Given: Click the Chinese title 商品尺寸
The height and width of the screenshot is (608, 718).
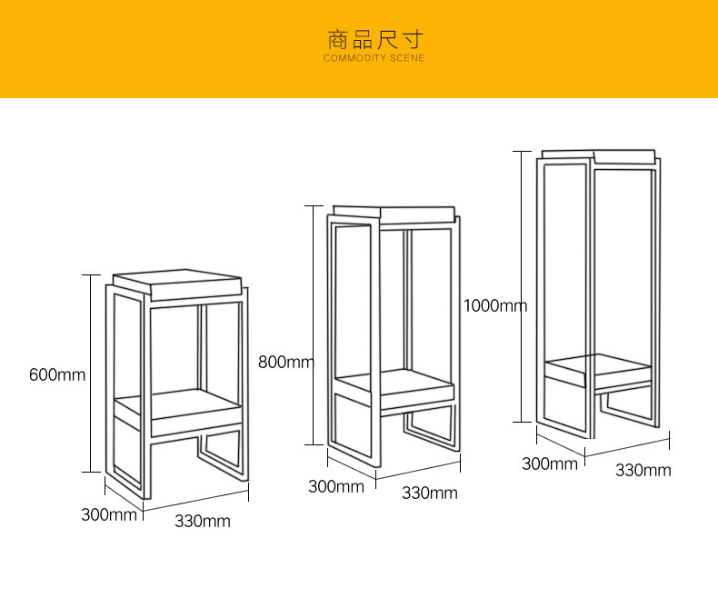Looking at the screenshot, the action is (x=374, y=40).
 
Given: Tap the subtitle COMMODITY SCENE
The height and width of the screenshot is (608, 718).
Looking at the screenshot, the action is (x=374, y=59).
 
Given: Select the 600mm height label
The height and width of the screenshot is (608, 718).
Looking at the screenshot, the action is (x=56, y=374).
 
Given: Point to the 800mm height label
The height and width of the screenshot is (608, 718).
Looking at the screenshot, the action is (x=285, y=362).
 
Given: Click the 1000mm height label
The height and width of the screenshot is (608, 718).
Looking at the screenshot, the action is (x=494, y=305).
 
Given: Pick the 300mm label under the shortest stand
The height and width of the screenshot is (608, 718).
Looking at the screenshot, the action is (x=109, y=514).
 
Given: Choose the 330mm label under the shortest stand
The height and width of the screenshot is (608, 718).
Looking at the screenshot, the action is (x=203, y=522).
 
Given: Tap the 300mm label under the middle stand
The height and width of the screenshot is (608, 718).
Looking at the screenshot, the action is (x=335, y=486).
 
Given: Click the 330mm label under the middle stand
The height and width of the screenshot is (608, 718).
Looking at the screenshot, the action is (x=430, y=493).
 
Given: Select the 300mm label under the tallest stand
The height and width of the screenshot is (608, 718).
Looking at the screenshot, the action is (x=549, y=463).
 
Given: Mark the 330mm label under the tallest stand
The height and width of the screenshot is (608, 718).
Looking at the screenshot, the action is (x=643, y=470).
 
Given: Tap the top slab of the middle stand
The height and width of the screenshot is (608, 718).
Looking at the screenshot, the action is (x=394, y=214).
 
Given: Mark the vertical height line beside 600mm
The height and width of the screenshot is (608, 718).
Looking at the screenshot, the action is (x=91, y=373).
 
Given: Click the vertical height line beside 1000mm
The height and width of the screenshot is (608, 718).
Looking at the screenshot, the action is (x=521, y=286).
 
